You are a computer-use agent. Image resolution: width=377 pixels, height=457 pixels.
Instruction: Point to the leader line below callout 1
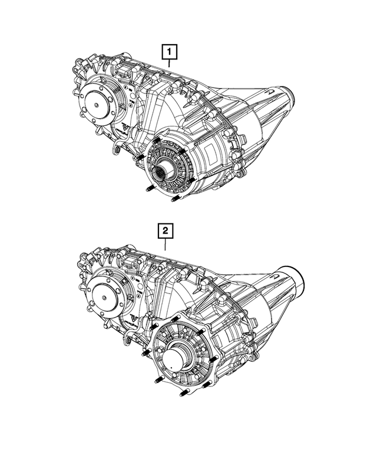(170, 68)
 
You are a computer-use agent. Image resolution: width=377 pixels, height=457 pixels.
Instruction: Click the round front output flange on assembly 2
(106, 293)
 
